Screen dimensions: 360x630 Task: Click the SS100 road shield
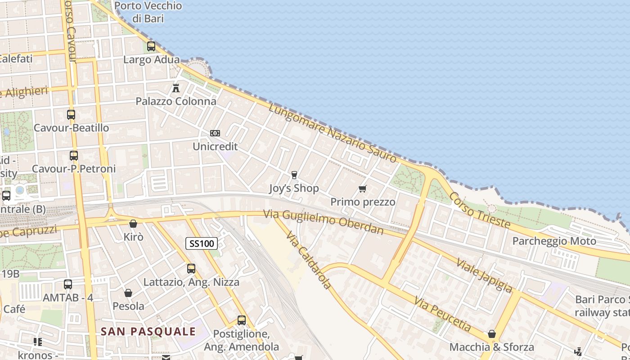click(202, 244)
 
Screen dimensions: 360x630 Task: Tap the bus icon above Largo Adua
click(151, 46)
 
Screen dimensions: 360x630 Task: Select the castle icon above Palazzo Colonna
click(176, 87)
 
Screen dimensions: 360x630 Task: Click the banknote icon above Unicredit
click(215, 133)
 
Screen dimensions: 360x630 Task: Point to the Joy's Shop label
click(294, 188)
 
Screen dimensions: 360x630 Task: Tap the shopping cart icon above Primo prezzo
click(362, 189)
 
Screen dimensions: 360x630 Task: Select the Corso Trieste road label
click(480, 210)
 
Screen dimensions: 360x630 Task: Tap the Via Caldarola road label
click(309, 261)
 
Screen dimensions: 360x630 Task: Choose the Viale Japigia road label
click(484, 275)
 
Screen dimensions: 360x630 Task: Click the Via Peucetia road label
click(443, 314)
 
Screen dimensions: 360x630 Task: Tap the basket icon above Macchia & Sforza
click(492, 334)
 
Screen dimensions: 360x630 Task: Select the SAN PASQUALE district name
click(148, 332)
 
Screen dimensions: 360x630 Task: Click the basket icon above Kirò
click(133, 224)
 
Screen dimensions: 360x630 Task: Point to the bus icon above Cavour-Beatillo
click(71, 114)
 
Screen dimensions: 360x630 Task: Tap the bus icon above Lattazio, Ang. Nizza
click(191, 269)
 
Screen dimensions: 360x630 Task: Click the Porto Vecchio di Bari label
click(148, 12)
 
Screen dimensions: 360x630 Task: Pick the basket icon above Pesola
click(128, 293)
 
